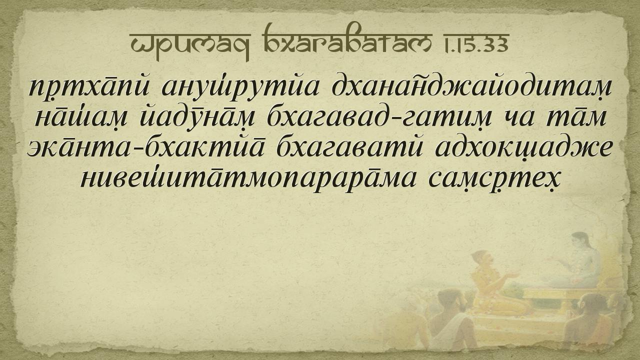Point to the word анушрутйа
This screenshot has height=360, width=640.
point(240,87)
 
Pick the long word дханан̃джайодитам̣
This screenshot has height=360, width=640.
point(471,86)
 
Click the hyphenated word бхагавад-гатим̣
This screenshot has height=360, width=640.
point(379,117)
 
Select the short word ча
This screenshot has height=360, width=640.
point(518,118)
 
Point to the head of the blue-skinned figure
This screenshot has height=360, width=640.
point(580,241)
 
